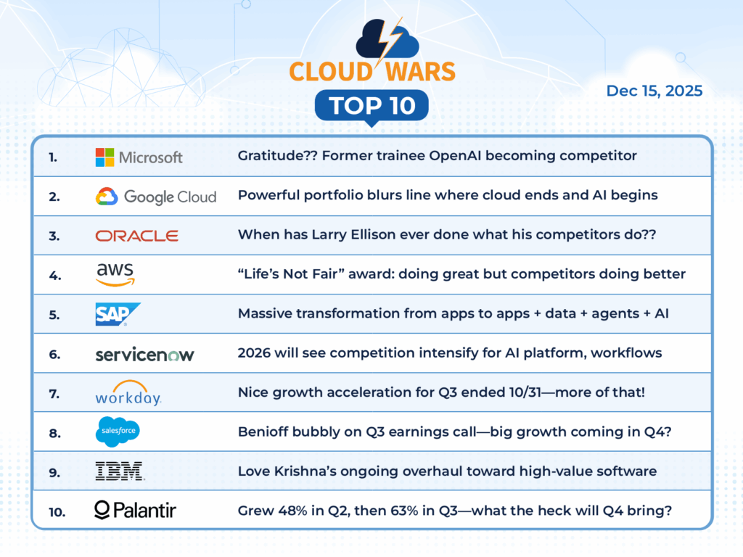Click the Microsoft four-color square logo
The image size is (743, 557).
104,157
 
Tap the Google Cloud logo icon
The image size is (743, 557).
107,196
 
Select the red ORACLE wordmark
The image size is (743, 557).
137,236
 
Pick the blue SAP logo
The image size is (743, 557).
118,314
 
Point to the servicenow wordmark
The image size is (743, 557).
144,354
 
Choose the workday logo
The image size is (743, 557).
128,393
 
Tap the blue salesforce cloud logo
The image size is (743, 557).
118,432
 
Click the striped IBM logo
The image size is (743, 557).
120,471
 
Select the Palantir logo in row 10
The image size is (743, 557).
135,510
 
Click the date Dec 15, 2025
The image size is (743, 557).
654,91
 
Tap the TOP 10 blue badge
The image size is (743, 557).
372,106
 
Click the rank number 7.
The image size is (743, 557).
54,394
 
